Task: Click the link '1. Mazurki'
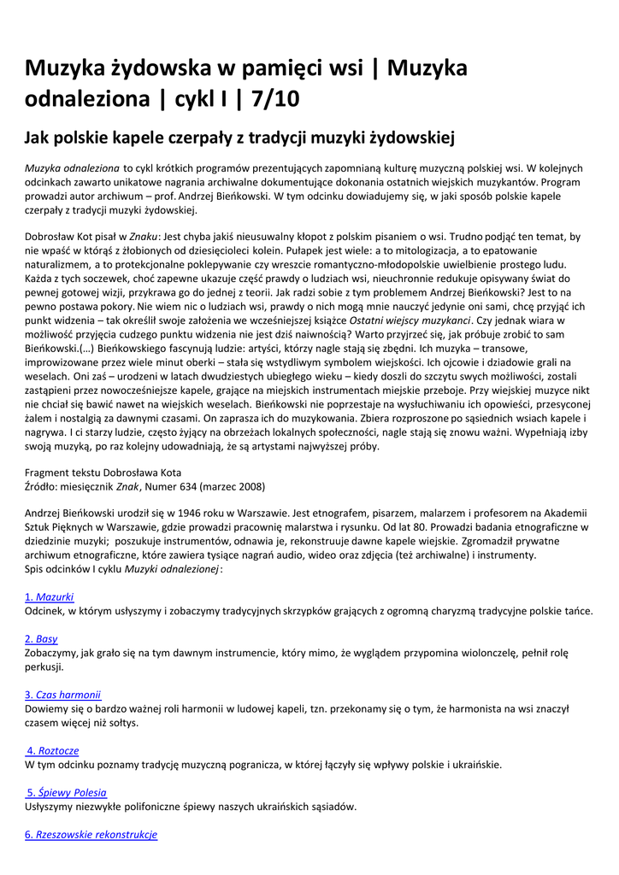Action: coord(50,596)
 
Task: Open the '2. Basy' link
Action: coord(41,638)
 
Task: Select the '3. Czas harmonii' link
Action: coord(63,694)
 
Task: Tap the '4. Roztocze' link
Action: coord(53,750)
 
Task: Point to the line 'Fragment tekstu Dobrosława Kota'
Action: coord(103,473)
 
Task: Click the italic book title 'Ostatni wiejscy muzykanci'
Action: coord(399,320)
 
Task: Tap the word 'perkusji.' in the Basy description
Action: coord(44,667)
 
